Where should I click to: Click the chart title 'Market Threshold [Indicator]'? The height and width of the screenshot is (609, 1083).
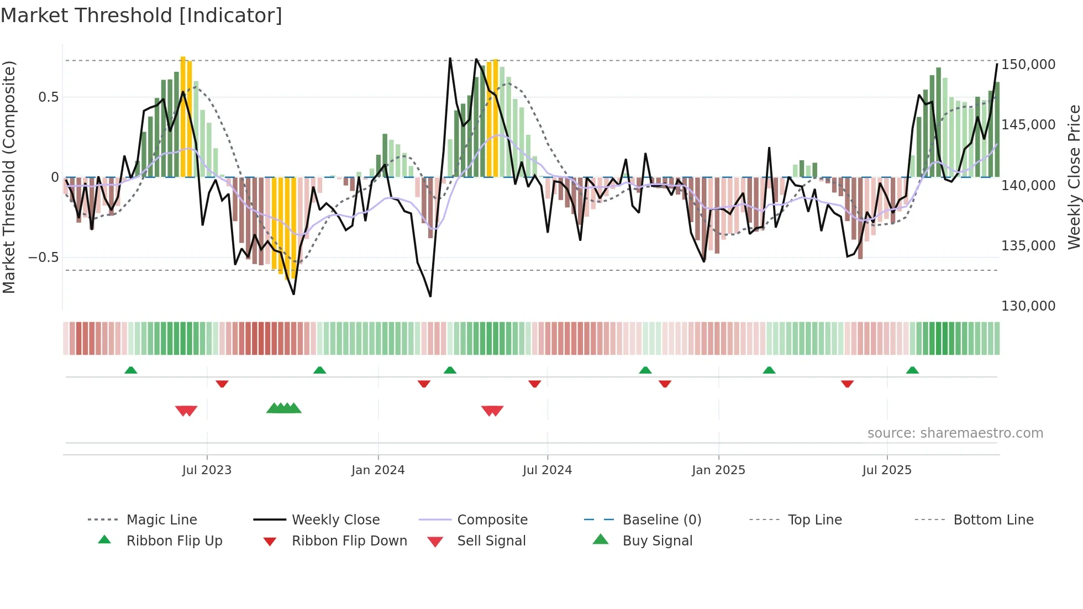coord(141,15)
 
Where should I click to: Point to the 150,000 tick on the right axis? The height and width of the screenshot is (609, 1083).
coord(1028,65)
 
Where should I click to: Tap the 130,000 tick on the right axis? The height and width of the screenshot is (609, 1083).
coord(1028,306)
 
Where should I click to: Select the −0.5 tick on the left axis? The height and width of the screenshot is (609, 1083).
coord(43,258)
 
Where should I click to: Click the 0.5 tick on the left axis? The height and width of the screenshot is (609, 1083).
coord(48,97)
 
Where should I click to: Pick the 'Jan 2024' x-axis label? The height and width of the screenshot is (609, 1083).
coord(378,470)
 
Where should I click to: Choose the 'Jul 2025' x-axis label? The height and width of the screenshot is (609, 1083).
coord(886,470)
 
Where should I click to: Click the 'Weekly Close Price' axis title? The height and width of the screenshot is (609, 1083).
coord(1074,177)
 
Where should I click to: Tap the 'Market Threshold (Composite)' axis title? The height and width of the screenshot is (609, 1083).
coord(9,177)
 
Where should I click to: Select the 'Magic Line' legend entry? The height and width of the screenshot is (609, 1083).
coord(161,520)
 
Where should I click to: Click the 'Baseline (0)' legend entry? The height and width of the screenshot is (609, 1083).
coord(661,520)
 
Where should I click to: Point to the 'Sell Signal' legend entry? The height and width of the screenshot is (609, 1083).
coord(491,541)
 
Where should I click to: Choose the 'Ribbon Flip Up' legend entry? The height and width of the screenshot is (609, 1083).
coord(174,541)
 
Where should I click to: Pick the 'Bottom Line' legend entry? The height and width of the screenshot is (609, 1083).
coord(993,520)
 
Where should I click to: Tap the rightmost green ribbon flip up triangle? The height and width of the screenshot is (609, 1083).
coord(912,370)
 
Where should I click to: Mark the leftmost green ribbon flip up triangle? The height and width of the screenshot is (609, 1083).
coord(131,370)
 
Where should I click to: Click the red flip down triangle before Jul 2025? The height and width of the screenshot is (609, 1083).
coord(847,384)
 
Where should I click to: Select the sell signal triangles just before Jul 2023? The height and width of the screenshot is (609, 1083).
coord(186,411)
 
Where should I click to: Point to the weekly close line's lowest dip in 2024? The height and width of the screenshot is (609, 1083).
coord(430,296)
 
